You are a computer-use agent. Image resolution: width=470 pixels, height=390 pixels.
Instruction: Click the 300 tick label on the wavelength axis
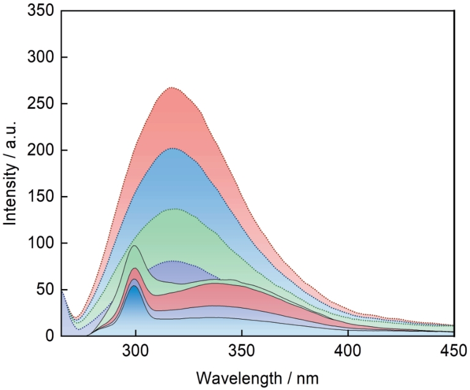pyautogui.click(x=135, y=351)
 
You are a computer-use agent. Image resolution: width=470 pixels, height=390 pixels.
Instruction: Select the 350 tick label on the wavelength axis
pyautogui.click(x=242, y=351)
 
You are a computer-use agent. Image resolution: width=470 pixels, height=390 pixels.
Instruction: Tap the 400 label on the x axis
pyautogui.click(x=348, y=351)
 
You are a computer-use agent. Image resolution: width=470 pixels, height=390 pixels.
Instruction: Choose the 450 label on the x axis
pyautogui.click(x=454, y=351)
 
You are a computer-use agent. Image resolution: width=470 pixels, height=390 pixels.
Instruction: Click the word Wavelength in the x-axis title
pyautogui.click(x=239, y=378)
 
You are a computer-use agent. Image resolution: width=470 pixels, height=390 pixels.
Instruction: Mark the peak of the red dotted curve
pyautogui.click(x=172, y=88)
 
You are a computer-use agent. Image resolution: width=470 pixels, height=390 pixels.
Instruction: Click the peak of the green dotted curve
pyautogui.click(x=175, y=209)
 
